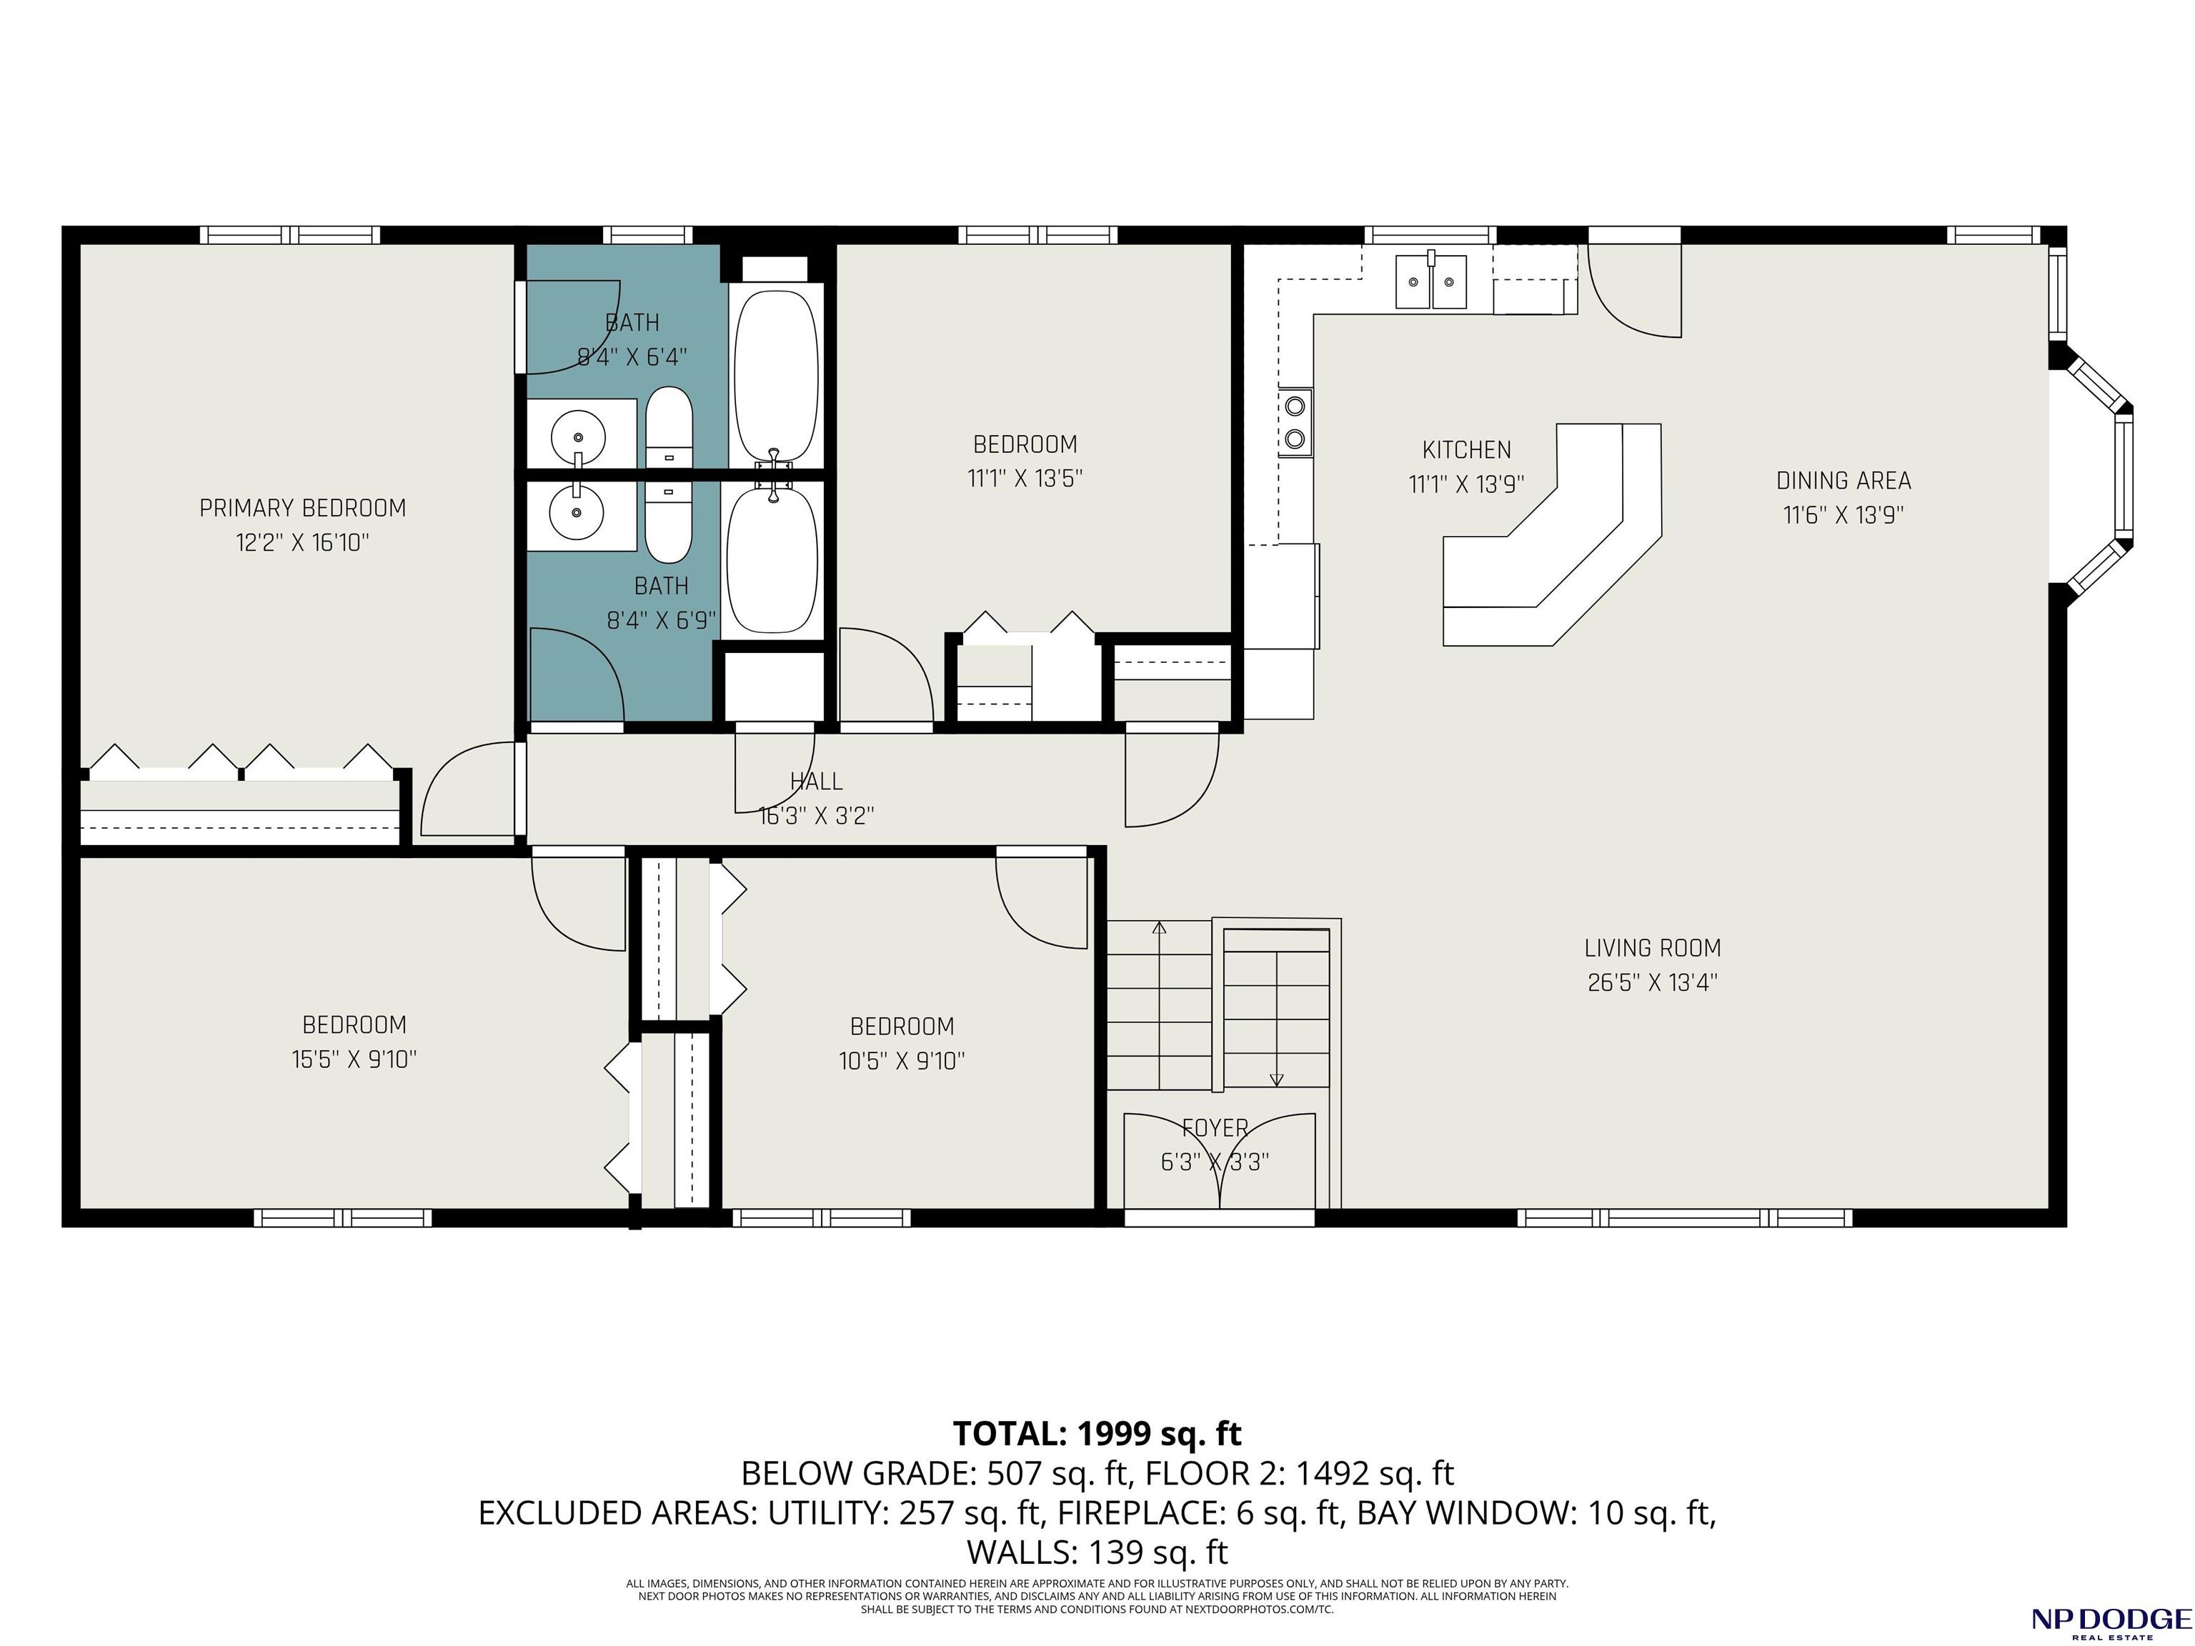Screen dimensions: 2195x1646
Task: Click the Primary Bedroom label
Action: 303,508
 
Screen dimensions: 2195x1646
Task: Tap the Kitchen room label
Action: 1467,449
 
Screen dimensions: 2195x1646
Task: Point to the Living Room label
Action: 1652,947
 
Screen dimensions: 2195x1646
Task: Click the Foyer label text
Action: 1215,1128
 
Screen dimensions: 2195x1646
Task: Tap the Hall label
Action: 817,782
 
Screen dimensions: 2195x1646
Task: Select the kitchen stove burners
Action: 1295,422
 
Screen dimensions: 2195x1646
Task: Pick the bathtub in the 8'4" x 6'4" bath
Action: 776,375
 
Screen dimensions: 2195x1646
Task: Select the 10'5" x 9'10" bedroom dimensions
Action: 902,1061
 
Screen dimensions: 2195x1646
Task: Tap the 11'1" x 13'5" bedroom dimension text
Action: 1025,478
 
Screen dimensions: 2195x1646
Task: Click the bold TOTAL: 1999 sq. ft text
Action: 1097,1434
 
